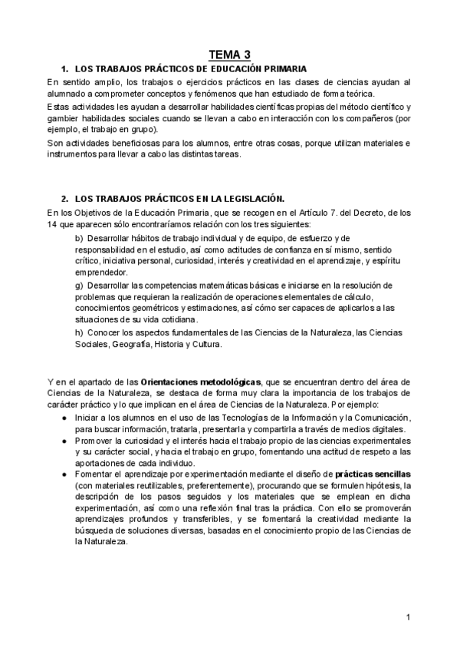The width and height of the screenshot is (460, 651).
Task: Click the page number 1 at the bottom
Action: click(409, 617)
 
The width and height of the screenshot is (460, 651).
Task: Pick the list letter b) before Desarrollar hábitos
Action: click(79, 239)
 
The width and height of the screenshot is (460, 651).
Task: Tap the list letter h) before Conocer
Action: click(79, 333)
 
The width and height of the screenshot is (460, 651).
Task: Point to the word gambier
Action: click(61, 118)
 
